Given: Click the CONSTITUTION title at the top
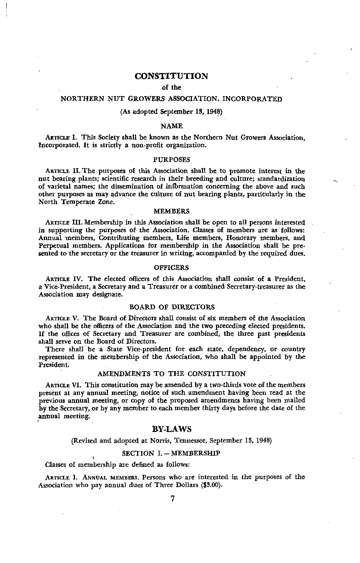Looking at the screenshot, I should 171,76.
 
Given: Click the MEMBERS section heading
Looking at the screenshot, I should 171,211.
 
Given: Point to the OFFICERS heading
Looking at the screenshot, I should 171,267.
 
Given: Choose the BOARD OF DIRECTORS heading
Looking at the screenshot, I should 172,307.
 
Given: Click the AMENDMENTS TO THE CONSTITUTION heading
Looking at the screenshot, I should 172,374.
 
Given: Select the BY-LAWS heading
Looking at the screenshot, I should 172,429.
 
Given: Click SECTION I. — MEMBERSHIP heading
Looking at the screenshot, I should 171,453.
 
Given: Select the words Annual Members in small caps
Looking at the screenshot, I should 108,477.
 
